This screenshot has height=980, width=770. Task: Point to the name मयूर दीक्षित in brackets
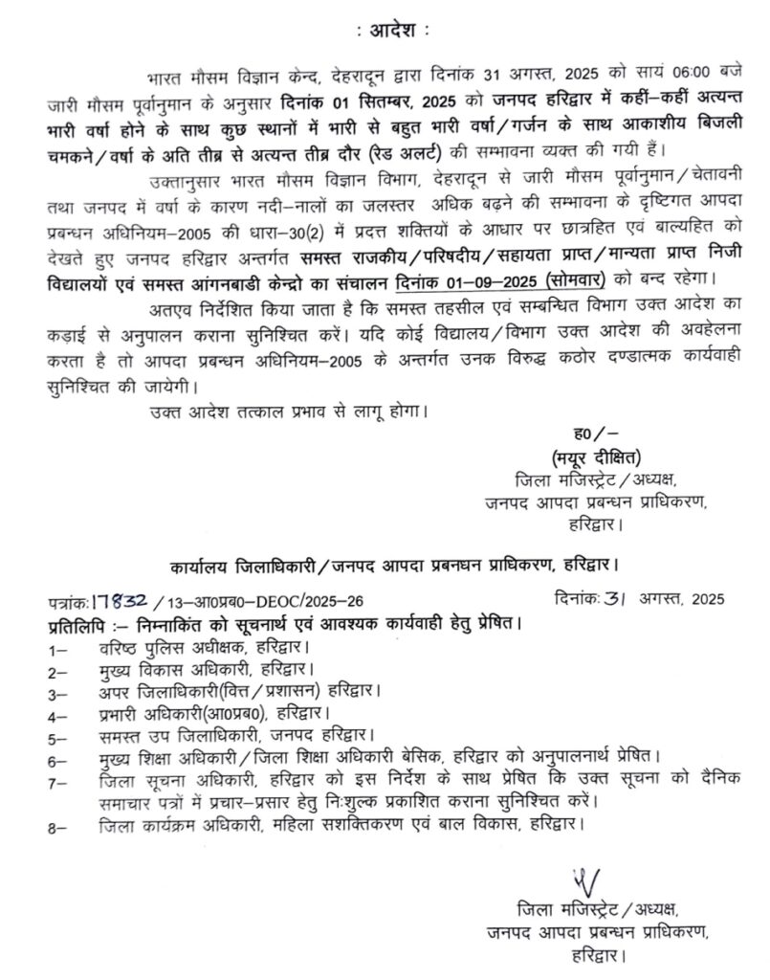tap(596, 454)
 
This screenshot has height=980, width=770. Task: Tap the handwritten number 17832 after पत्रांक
tap(120, 600)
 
